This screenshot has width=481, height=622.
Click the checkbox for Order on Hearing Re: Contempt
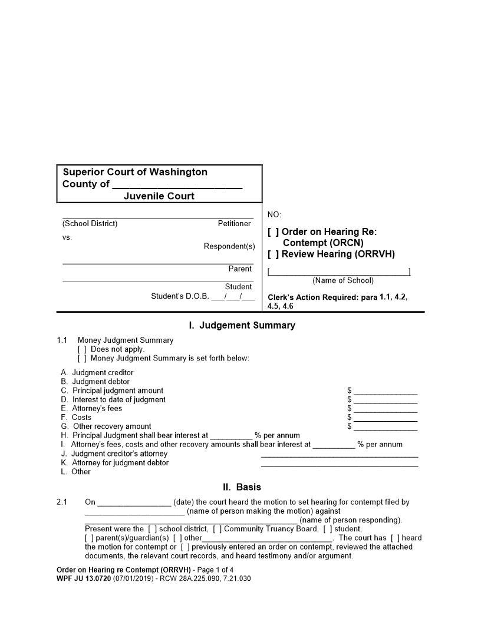(x=274, y=232)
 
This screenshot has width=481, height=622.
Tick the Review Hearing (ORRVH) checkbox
(x=274, y=254)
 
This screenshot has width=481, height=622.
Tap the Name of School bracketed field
(x=339, y=272)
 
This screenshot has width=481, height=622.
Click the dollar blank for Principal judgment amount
(x=386, y=391)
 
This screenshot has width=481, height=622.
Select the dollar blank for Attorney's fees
(x=386, y=408)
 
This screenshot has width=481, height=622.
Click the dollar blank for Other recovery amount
(x=386, y=426)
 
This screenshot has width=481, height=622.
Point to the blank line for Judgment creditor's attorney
(x=340, y=454)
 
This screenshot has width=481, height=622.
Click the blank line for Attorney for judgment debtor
(x=340, y=464)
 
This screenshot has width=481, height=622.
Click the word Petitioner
(x=234, y=224)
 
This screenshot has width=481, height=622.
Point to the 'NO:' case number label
(x=274, y=215)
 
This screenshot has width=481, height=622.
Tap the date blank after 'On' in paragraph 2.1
(x=134, y=502)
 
